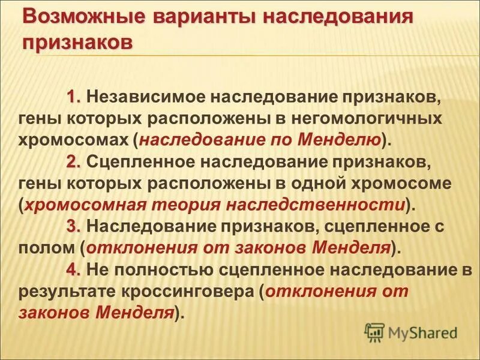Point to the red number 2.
(x=74, y=161)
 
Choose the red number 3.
(x=74, y=227)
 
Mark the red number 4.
(x=74, y=270)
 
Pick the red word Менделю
(x=349, y=140)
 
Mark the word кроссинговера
(x=194, y=292)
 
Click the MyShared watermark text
(x=423, y=331)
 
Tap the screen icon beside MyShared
(x=374, y=331)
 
